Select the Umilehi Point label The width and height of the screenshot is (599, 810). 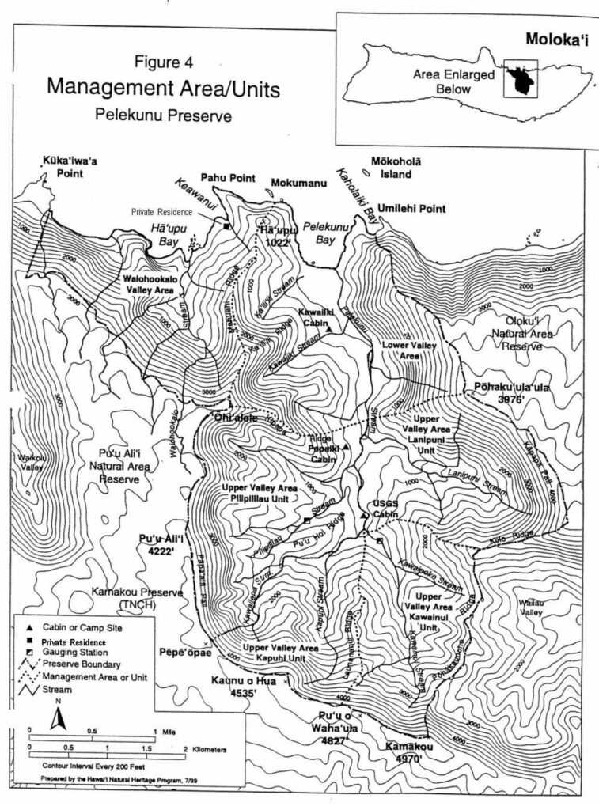[411, 209]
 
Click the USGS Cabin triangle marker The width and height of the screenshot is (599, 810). [363, 515]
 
